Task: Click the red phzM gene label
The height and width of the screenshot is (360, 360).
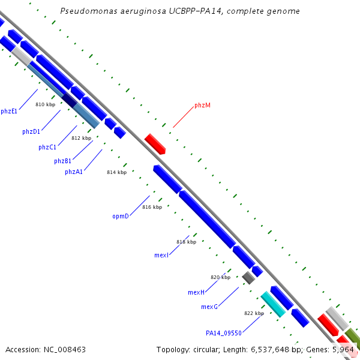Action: pos(202,106)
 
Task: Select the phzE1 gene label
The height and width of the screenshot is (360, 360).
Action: pos(9,112)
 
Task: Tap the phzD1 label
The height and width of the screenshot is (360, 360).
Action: pos(31,132)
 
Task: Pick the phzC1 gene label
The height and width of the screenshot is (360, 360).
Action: pos(47,147)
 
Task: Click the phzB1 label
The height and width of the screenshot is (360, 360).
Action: pos(62,161)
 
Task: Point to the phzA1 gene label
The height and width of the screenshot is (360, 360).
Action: pos(74,172)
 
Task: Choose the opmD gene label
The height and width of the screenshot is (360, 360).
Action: pos(121,216)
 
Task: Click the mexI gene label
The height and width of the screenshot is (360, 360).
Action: pos(161,256)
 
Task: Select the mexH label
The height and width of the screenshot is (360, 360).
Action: pos(196,292)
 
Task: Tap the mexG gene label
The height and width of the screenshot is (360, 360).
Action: pos(209,307)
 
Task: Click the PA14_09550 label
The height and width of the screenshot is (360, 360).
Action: pos(224,333)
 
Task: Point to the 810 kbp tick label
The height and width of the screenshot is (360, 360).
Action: pos(45,104)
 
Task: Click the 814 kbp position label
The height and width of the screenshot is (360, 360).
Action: pos(116,172)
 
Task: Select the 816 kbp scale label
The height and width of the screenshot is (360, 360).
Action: pos(152,207)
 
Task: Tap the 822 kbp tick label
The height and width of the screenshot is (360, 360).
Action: pos(254,313)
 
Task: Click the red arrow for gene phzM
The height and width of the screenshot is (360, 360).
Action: pos(155,144)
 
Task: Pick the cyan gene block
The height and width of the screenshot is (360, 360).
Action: pos(273,304)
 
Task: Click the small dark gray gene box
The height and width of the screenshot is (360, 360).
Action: pos(248,278)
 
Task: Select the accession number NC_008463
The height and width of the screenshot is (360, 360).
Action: pos(65,350)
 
